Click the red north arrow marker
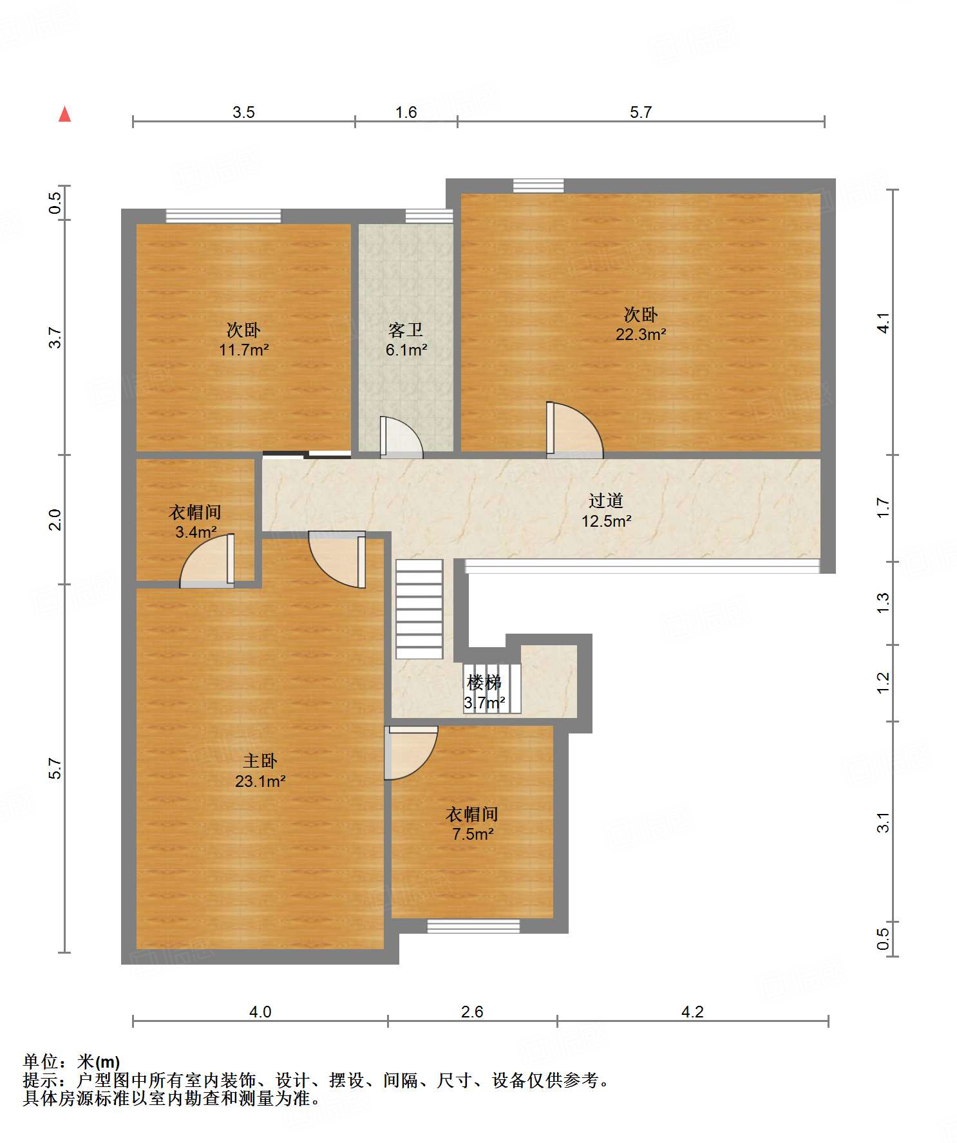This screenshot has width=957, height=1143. [x=64, y=114]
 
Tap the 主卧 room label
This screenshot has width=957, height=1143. [x=260, y=760]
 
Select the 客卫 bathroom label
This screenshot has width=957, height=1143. [x=406, y=330]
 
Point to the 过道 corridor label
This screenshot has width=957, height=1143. [x=606, y=500]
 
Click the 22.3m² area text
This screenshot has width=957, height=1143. [x=641, y=335]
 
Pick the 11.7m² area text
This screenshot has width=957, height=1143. [x=243, y=350]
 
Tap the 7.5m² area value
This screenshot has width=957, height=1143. [x=473, y=835]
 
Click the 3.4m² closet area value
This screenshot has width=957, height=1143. [x=196, y=533]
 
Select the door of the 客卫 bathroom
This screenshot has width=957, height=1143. [x=401, y=437]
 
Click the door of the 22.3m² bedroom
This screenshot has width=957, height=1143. [x=574, y=430]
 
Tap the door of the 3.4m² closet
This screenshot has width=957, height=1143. [x=207, y=560]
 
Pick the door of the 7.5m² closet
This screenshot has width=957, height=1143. [x=411, y=753]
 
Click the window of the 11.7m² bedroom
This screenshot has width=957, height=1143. [x=223, y=216]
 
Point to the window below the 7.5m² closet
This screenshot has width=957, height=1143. [x=473, y=926]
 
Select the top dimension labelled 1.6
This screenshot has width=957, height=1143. [x=406, y=113]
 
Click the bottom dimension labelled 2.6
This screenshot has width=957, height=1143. [x=472, y=1012]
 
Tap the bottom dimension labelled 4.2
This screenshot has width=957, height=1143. [x=692, y=1012]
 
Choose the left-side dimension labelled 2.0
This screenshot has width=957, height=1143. [x=55, y=519]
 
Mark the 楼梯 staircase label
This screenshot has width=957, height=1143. [x=484, y=682]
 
